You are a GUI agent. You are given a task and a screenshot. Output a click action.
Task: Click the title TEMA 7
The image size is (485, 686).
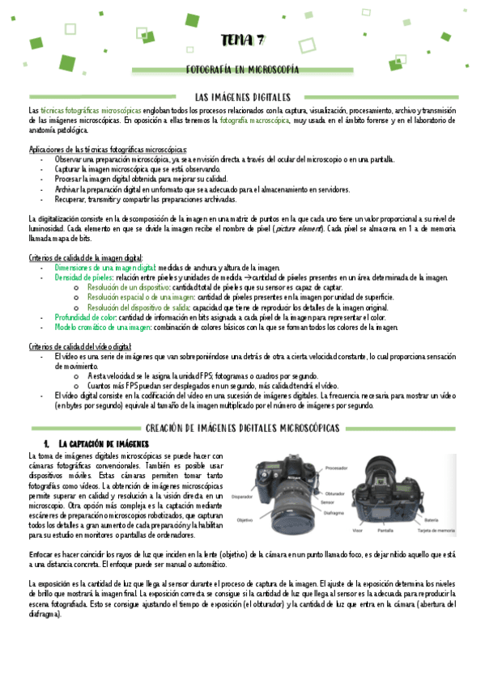[243, 41]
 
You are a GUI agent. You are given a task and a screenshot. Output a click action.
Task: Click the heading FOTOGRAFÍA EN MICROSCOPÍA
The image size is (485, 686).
[242, 71]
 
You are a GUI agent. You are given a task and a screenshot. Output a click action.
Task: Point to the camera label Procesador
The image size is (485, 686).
[337, 468]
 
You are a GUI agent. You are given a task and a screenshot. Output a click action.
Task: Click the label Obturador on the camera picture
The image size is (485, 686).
[336, 493]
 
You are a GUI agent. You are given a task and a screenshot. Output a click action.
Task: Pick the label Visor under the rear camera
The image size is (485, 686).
[357, 531]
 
